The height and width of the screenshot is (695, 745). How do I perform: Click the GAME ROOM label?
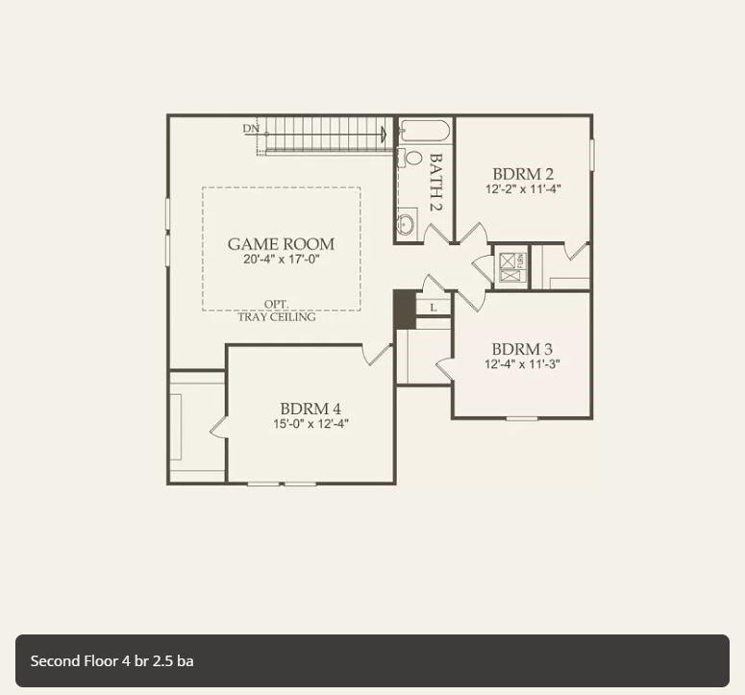pos(281,244)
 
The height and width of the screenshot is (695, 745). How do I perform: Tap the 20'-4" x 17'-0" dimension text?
pos(281,260)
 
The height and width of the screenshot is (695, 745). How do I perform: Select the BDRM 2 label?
pos(523,174)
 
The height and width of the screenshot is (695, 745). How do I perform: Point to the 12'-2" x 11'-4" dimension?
pos(523,189)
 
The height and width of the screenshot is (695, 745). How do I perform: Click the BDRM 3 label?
pos(522,349)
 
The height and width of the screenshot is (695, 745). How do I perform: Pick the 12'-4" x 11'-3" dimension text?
pos(522,364)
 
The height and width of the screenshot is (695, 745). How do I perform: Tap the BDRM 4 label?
pos(310,409)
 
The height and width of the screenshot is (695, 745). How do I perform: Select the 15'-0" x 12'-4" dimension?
pos(310,424)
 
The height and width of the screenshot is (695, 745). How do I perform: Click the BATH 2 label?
pos(435,183)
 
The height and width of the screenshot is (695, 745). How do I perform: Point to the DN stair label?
pos(251,129)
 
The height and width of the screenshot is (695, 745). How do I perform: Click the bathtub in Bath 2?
pos(424,131)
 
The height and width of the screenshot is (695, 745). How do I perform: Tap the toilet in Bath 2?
pos(412,158)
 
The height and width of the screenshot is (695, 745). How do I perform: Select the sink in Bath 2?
pos(406,224)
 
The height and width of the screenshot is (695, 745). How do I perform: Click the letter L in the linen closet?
pos(433,308)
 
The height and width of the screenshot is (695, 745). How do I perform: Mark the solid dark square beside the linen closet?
pos(404,310)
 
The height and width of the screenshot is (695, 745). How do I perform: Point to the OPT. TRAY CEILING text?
pos(277,310)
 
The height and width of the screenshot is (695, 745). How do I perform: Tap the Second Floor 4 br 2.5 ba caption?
pos(112,660)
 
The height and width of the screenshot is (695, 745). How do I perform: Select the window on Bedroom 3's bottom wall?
pos(522,418)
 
